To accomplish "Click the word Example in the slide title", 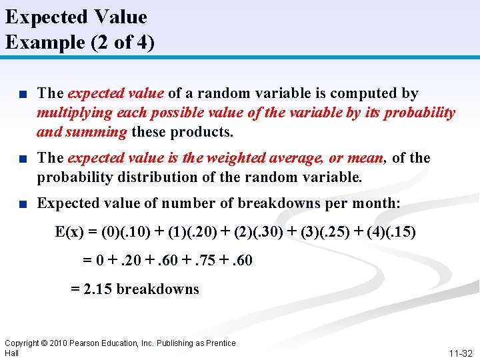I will tap(38, 42).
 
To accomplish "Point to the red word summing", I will tap(103, 131).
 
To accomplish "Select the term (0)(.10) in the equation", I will tap(126, 233).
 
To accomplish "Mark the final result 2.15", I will tap(101, 289).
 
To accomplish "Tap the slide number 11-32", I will tap(459, 353).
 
